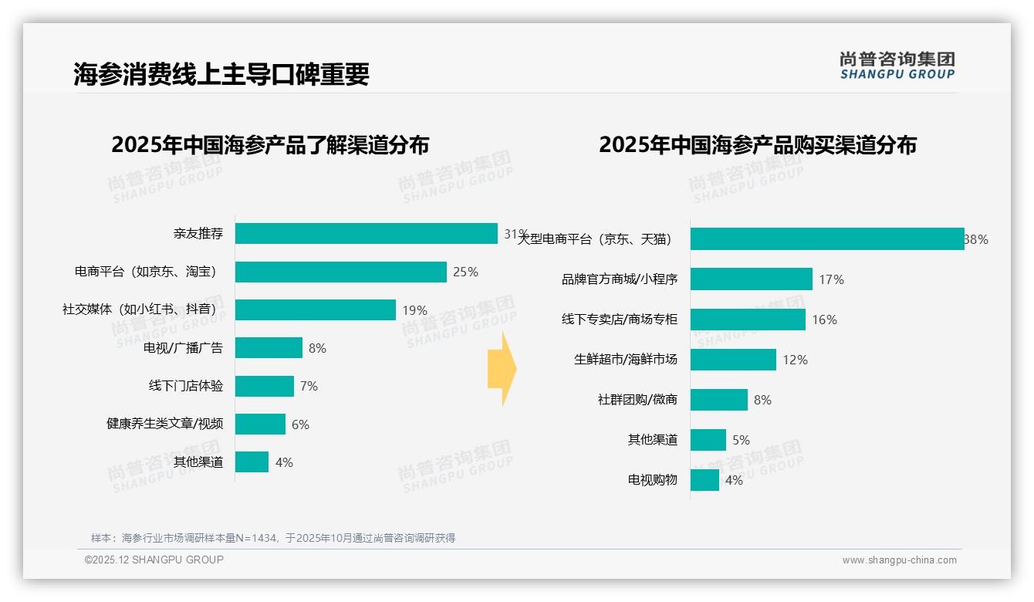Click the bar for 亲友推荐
366,234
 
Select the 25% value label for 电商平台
465,272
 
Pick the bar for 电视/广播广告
269,348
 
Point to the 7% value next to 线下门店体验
309,386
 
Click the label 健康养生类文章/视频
164,424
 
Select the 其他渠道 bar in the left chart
252,462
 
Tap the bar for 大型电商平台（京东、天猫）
826,239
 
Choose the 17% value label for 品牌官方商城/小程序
831,279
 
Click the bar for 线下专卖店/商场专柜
748,320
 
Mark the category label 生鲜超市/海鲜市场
625,360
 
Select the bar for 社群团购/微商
718,400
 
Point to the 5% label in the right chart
741,440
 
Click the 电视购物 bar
705,480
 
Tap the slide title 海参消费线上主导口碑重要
221,74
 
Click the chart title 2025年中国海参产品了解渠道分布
270,145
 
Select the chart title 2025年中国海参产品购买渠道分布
757,145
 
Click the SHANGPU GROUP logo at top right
897,66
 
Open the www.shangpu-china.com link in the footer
899,560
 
